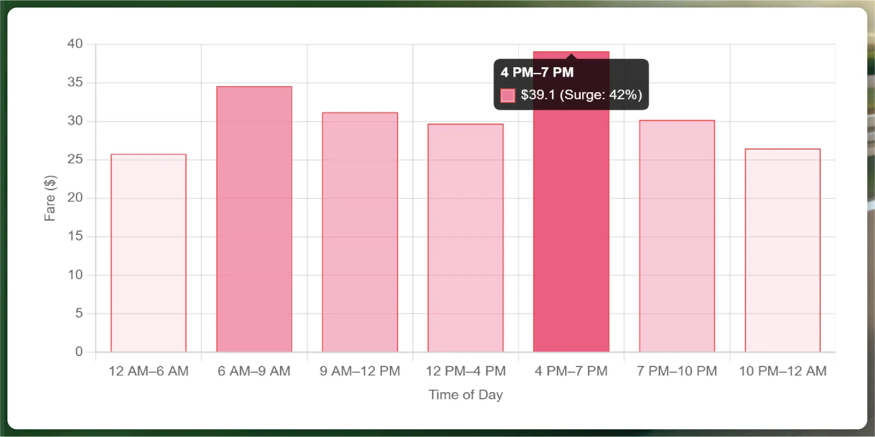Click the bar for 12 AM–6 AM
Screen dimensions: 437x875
(148, 253)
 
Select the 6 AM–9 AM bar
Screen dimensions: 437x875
(254, 219)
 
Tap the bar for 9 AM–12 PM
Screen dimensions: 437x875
(360, 232)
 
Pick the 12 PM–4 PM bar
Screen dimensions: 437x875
(465, 238)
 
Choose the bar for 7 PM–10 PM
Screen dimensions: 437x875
(677, 236)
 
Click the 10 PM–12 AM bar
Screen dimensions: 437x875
(782, 250)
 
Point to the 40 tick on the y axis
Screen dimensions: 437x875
(75, 44)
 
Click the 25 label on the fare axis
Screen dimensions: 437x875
(75, 159)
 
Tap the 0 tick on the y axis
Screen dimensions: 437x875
(79, 352)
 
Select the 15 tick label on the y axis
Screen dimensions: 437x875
(75, 236)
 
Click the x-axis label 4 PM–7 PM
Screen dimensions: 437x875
(571, 371)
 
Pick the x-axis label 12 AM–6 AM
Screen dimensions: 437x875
(148, 371)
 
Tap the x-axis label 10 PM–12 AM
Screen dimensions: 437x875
(782, 371)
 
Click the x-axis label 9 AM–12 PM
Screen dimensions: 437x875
(360, 371)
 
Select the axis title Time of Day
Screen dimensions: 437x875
(465, 395)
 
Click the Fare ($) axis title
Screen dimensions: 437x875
(50, 198)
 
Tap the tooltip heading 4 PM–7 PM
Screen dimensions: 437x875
(537, 72)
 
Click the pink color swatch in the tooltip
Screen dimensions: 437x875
(508, 95)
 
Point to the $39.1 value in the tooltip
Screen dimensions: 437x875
(538, 95)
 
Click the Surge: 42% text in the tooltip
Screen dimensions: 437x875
(601, 95)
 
